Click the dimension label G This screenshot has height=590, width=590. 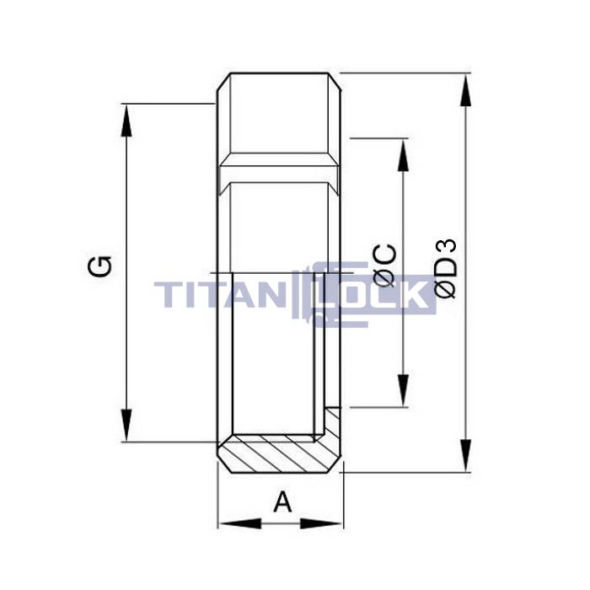(x=100, y=267)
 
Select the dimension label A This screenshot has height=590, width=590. (x=283, y=502)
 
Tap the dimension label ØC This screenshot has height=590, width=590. (x=383, y=264)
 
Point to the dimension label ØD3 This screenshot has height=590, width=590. (x=446, y=268)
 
